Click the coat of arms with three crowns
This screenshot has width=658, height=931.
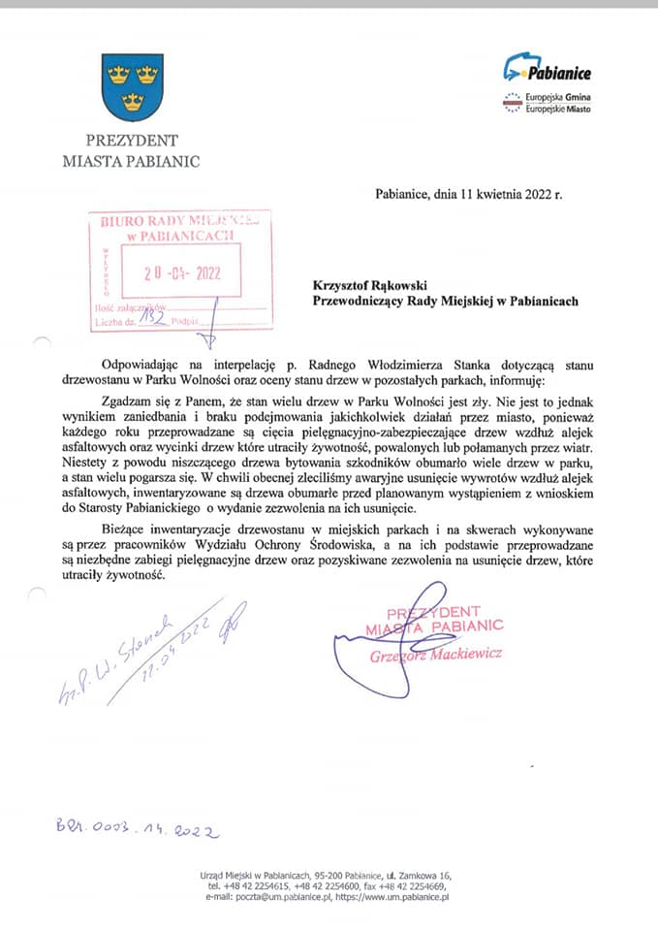point(133,86)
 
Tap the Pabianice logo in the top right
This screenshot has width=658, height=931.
point(548,70)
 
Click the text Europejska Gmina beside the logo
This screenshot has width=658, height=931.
point(559,99)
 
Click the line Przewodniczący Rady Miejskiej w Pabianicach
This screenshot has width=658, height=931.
point(446,301)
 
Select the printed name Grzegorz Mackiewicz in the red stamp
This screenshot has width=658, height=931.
point(436,655)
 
